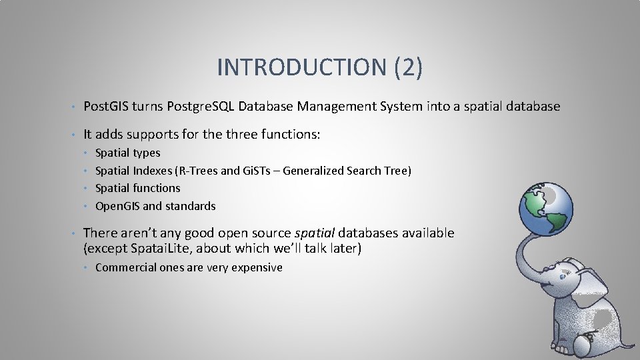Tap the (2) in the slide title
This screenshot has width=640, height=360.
[x=409, y=67]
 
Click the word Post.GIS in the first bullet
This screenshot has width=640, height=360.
[x=106, y=107]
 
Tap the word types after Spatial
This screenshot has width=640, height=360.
[x=147, y=153]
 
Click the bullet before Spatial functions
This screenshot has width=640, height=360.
[x=87, y=189]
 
